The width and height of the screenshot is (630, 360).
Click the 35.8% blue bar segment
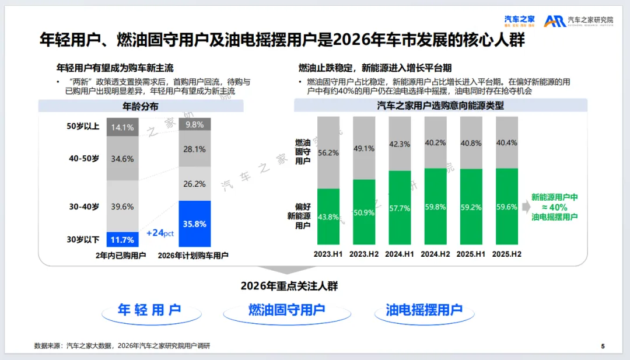tap(195, 224)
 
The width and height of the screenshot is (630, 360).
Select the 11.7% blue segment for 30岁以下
tap(123, 240)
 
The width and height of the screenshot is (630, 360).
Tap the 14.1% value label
tap(123, 127)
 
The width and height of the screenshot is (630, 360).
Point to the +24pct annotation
tap(160, 233)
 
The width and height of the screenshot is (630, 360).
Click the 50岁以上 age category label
tap(83, 126)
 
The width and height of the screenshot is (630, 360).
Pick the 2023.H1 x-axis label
tap(328, 255)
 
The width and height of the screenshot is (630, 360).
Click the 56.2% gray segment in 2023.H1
tap(328, 153)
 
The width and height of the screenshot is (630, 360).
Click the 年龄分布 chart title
tap(140, 106)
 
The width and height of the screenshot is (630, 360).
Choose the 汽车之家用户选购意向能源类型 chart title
tap(440, 106)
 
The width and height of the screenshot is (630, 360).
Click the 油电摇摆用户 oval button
tap(423, 310)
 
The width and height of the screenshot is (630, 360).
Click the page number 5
tap(603, 347)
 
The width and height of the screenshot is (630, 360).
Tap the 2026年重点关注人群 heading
tap(289, 286)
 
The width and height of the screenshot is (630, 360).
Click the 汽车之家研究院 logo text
tap(590, 20)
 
